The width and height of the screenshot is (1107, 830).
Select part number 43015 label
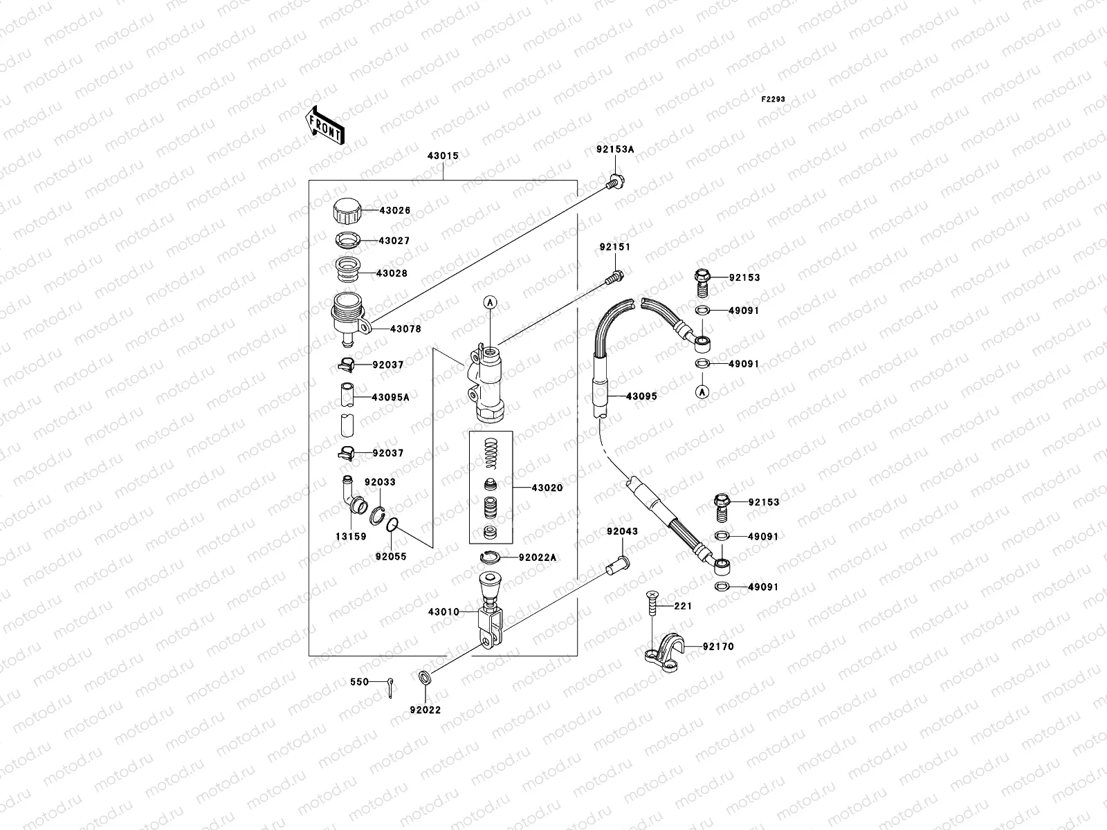(443, 156)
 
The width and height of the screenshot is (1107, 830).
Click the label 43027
(394, 241)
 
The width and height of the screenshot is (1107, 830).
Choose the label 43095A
(390, 398)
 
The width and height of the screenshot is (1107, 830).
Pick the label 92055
(391, 556)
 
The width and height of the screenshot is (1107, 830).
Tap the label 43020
(547, 488)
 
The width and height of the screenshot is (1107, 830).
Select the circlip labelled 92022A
(490, 557)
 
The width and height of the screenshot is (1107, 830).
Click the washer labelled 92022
(425, 677)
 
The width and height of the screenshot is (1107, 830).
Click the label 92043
(623, 532)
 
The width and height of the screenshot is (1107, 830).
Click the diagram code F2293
(774, 100)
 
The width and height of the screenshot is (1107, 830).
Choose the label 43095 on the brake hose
(641, 397)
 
